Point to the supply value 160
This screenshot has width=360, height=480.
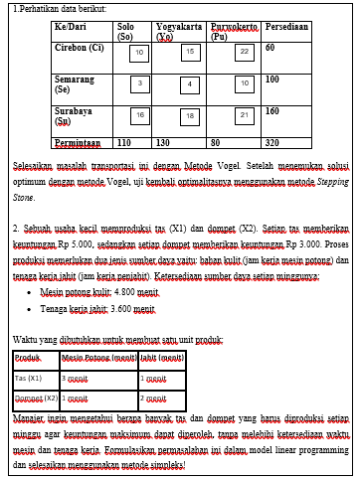272,111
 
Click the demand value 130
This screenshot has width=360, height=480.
164,142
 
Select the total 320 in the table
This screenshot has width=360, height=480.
272,142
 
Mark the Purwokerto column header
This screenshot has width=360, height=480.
231,31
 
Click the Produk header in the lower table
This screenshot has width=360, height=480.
29,357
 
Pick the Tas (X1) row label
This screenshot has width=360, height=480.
29,378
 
